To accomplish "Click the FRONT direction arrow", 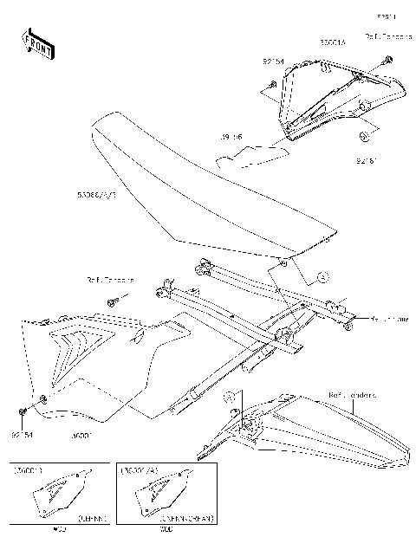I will (x=37, y=44).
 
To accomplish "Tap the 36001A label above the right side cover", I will (x=332, y=41).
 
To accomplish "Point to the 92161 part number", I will (x=367, y=160).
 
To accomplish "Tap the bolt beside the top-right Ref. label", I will (x=387, y=60).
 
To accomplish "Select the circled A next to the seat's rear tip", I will (x=322, y=277).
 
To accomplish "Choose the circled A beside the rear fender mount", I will (x=230, y=397).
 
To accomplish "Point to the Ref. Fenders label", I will (x=351, y=395).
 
